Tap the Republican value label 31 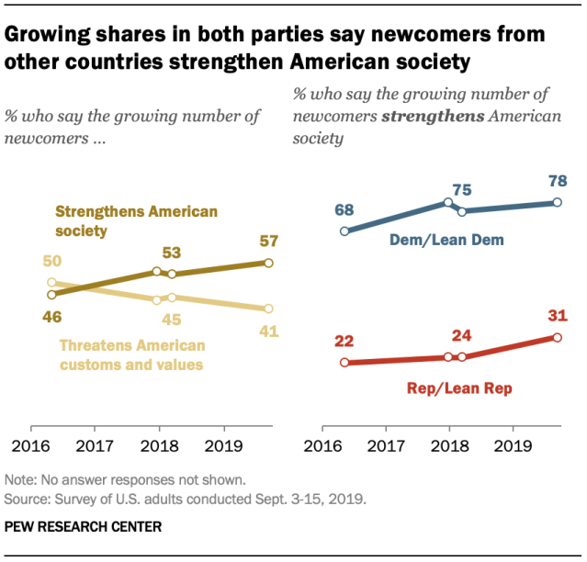[x=558, y=316]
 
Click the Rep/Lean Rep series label [x=459, y=388]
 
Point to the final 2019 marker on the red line [x=558, y=337]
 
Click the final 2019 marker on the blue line [x=558, y=202]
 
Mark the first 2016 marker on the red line [x=344, y=362]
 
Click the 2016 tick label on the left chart [x=32, y=448]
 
